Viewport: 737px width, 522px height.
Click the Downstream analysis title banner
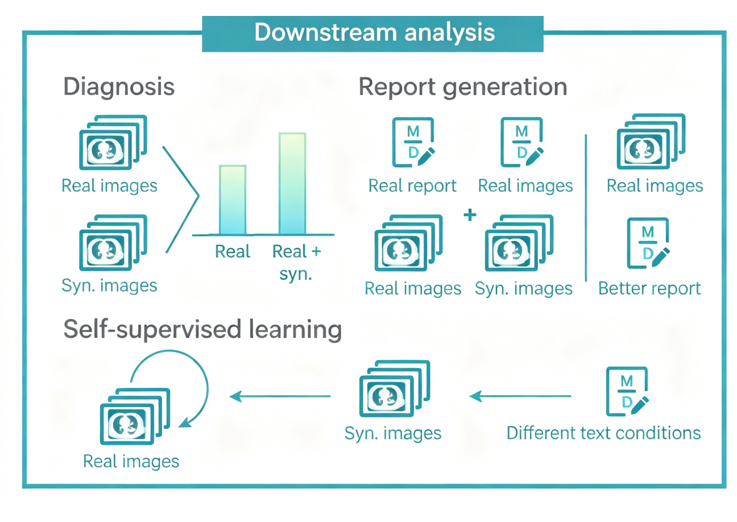click(372, 34)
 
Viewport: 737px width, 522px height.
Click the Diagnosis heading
click(119, 87)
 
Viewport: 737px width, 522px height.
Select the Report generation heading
click(462, 87)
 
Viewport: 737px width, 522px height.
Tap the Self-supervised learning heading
click(202, 329)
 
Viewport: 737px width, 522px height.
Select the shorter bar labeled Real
click(233, 200)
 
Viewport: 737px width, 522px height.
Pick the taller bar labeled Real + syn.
click(292, 183)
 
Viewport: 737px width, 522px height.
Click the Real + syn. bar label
click(296, 262)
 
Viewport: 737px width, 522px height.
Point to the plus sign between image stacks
click(470, 215)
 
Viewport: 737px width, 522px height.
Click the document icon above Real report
click(413, 142)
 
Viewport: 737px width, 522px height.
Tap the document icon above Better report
click(648, 243)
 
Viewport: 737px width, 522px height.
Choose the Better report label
click(649, 289)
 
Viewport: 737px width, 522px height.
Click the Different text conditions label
click(603, 433)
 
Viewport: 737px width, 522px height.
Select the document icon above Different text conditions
click(627, 391)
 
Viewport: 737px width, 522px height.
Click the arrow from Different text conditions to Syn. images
click(520, 396)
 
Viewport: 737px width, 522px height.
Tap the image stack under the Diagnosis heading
click(113, 142)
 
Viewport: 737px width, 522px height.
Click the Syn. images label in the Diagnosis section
click(109, 285)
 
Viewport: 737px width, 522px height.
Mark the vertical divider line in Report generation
click(586, 208)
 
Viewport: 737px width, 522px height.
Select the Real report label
click(412, 186)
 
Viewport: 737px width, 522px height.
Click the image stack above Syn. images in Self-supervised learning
click(395, 390)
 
